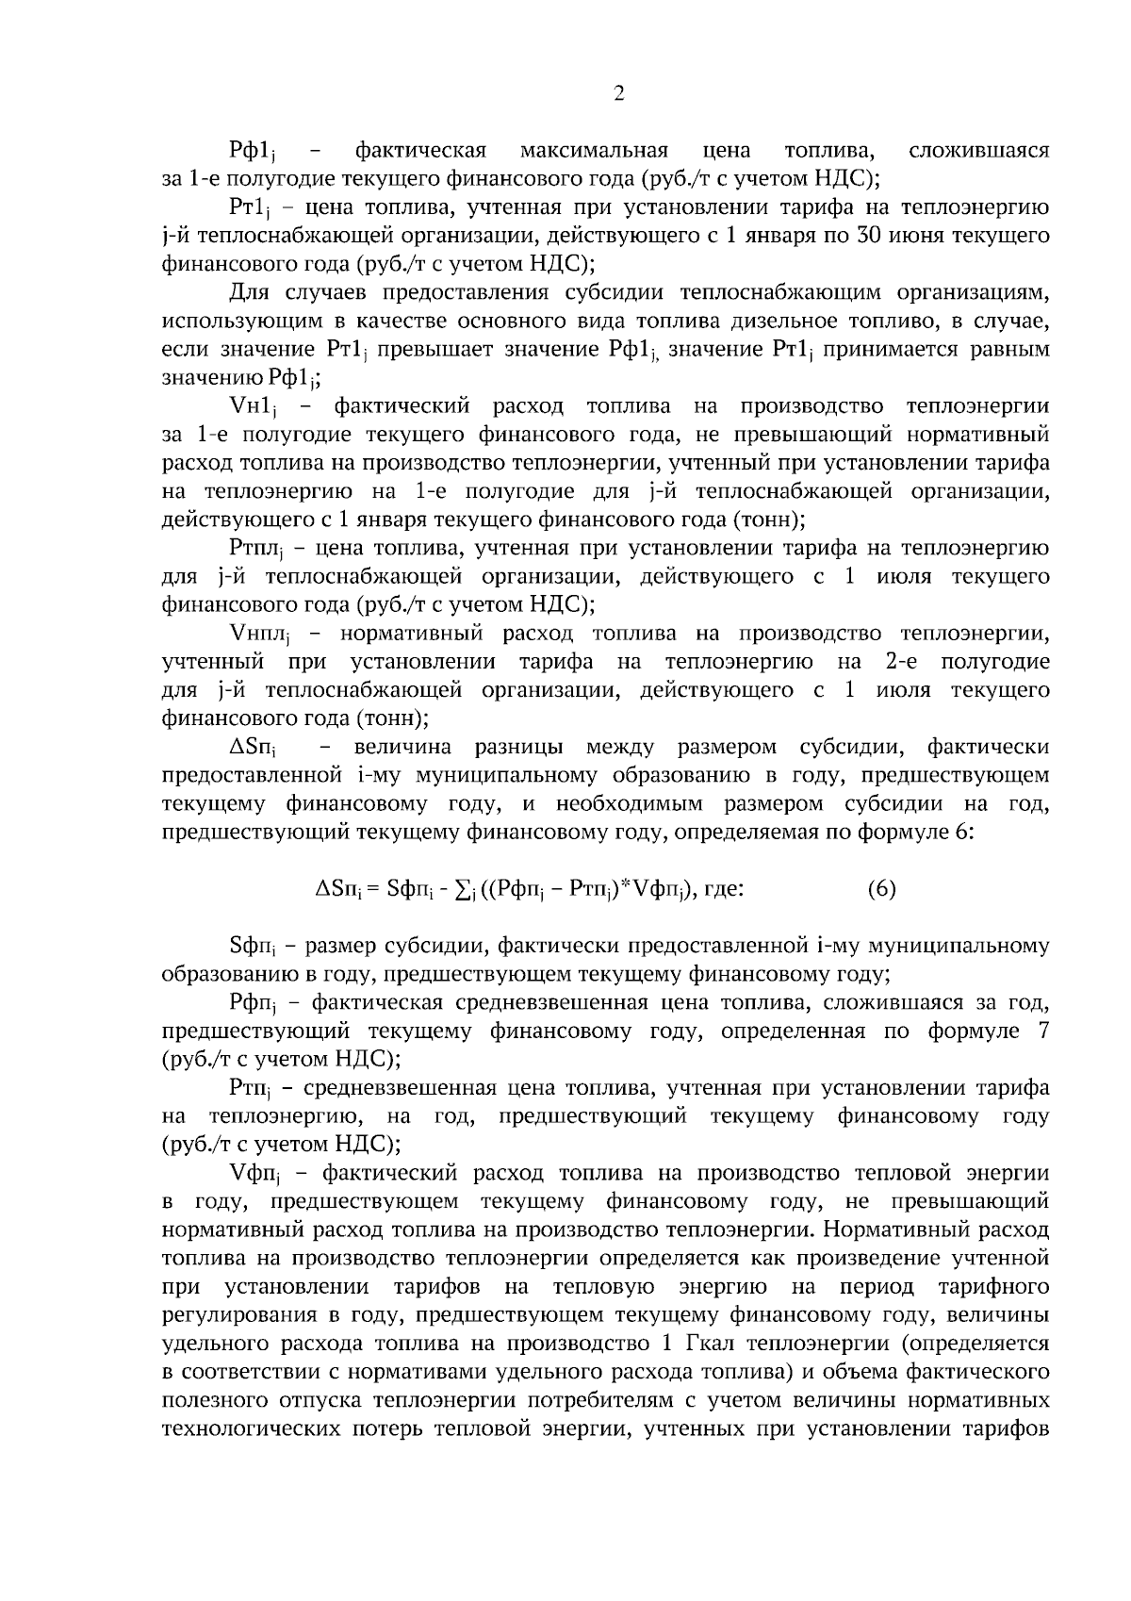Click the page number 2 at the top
618,92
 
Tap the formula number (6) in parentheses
881,889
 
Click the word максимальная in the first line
594,150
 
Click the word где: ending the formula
721,889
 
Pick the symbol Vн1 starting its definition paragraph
254,407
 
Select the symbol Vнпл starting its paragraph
262,635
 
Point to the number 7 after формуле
1042,1031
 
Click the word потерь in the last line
387,1428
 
